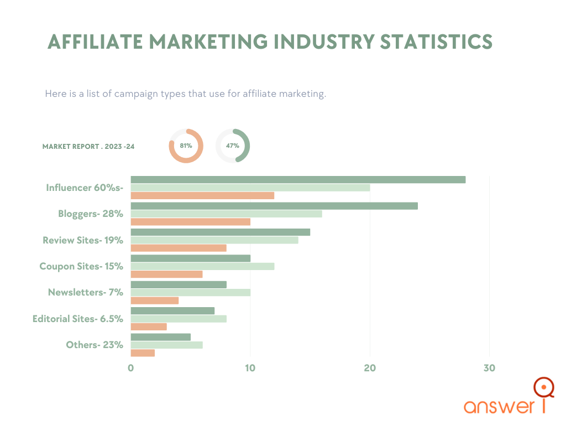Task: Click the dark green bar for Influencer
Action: [x=298, y=179]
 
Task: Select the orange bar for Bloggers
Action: [x=190, y=222]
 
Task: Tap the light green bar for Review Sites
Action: [x=214, y=240]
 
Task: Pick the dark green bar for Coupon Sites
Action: [x=190, y=258]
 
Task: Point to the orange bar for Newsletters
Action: [x=154, y=300]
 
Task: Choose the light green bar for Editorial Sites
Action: [x=178, y=319]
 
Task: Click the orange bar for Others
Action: [x=143, y=353]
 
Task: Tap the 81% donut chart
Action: [x=186, y=146]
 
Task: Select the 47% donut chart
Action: [x=233, y=146]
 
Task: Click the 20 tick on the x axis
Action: [x=370, y=369]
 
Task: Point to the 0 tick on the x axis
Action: [x=131, y=369]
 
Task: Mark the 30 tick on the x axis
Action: [x=489, y=369]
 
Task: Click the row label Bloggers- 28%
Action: [x=91, y=214]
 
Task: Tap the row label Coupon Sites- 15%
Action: [x=81, y=266]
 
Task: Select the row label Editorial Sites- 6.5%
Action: [x=77, y=319]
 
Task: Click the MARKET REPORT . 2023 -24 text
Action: [x=88, y=147]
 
